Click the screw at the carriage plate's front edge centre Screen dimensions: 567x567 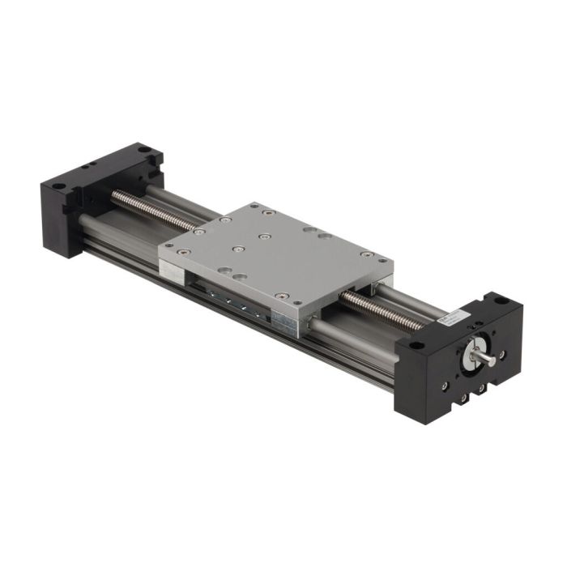(x=280, y=295)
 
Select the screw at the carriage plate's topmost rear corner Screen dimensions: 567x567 (x=268, y=211)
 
